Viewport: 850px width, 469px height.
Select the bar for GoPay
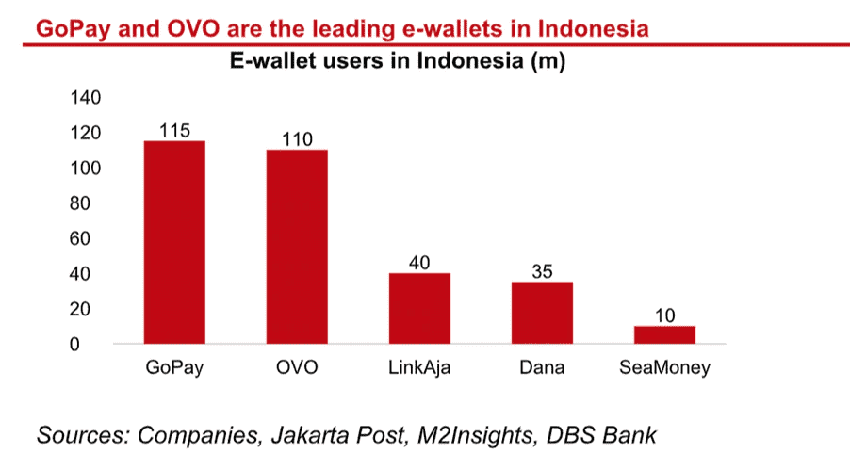coord(174,242)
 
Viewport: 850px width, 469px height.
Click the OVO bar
coord(297,247)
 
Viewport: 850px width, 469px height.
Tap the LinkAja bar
coord(419,308)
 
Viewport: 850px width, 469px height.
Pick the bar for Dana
coord(542,313)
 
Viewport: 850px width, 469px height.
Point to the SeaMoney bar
coord(664,334)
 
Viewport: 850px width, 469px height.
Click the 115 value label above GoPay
coord(174,131)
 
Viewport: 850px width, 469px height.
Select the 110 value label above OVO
coord(297,139)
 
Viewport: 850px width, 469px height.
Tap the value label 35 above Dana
coord(542,271)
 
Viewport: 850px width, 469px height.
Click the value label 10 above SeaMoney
coord(664,315)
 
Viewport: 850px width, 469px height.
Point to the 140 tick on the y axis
coord(86,98)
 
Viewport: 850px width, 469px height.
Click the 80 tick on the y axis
coord(80,203)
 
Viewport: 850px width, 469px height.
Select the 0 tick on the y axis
coord(74,345)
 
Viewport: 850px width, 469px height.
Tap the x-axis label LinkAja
coord(419,368)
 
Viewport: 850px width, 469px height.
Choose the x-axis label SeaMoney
coord(664,368)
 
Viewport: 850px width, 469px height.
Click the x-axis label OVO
coord(297,367)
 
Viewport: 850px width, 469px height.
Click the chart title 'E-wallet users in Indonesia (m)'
coord(398,60)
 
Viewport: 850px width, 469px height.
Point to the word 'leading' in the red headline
coord(355,28)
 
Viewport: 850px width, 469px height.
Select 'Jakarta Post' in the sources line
coord(338,435)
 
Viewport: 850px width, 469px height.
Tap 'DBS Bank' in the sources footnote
coord(601,435)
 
